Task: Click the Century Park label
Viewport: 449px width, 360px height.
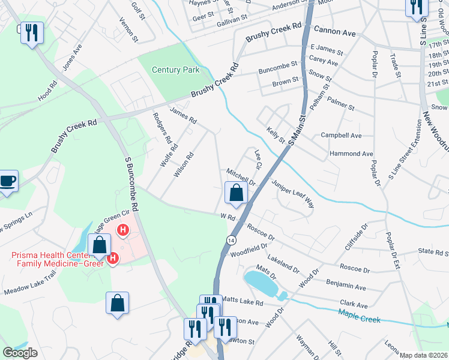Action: pos(175,70)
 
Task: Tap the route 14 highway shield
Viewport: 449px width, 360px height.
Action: pos(231,240)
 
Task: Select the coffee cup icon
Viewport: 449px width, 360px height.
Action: pos(8,181)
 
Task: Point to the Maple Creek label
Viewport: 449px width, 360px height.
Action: pos(359,316)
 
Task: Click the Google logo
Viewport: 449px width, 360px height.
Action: pos(20,353)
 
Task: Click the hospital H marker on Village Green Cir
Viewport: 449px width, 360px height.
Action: pos(122,230)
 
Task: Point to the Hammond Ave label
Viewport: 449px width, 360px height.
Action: pos(351,154)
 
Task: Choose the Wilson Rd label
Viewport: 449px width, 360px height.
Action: pos(184,164)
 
